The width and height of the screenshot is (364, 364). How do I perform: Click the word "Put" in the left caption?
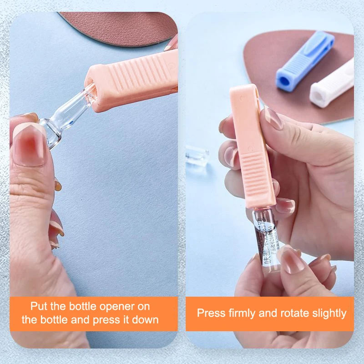coord(40,306)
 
